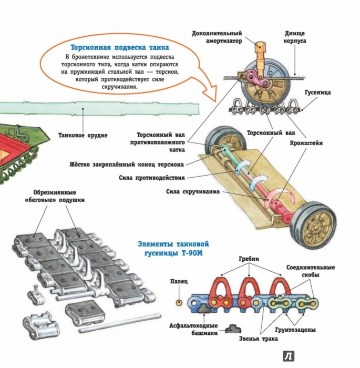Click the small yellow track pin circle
coord(179,303)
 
